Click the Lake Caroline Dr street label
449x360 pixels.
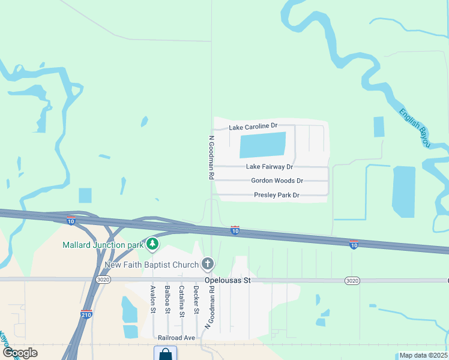point(253,126)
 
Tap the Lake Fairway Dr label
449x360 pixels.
point(270,167)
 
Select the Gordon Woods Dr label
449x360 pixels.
point(277,181)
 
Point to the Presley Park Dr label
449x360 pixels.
point(276,195)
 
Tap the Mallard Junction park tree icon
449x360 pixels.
point(153,244)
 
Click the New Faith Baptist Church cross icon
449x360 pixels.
point(208,263)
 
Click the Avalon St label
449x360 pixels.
point(153,299)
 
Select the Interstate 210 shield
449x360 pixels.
point(86,314)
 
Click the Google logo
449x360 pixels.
point(19,353)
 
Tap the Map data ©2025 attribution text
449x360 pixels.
point(423,355)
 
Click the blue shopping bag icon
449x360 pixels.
point(165,354)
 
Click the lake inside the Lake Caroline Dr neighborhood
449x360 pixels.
point(262,145)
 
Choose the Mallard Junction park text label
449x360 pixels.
point(103,245)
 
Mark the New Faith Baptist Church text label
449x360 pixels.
point(151,265)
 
